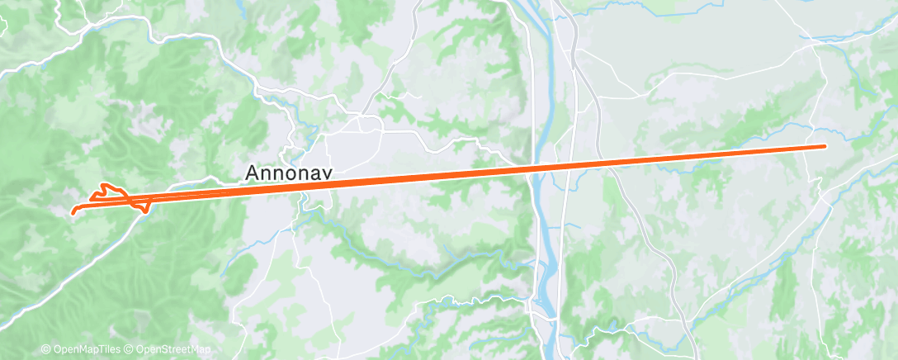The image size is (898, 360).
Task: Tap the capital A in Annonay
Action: [253, 173]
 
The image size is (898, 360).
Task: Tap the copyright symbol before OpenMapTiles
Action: [46, 350]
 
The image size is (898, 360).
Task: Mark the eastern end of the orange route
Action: [825, 146]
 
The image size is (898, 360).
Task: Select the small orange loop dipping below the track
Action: [144, 209]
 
